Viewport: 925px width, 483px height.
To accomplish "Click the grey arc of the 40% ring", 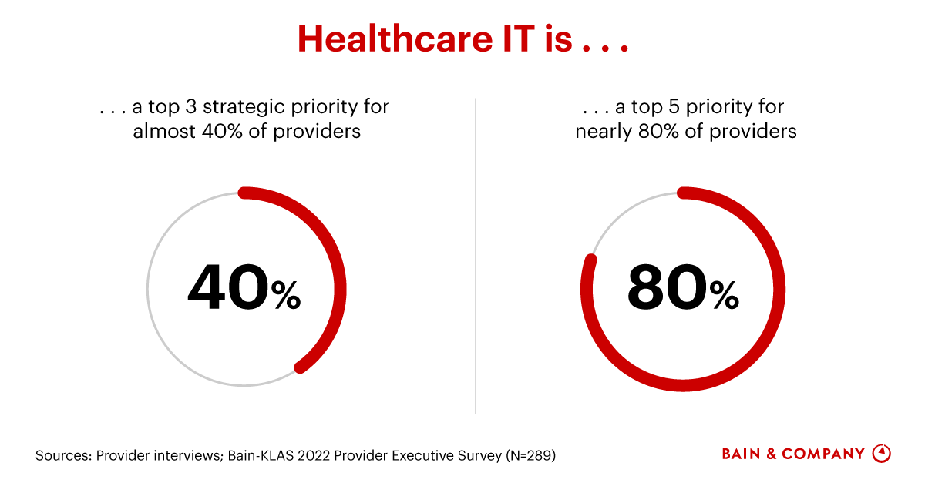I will coord(154,324).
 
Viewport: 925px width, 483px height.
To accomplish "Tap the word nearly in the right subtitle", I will coord(602,131).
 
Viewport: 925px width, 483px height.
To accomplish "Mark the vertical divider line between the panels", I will coord(475,254).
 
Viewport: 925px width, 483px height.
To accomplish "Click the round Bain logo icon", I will coord(881,454).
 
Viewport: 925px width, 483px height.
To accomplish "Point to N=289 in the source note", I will coord(530,455).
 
